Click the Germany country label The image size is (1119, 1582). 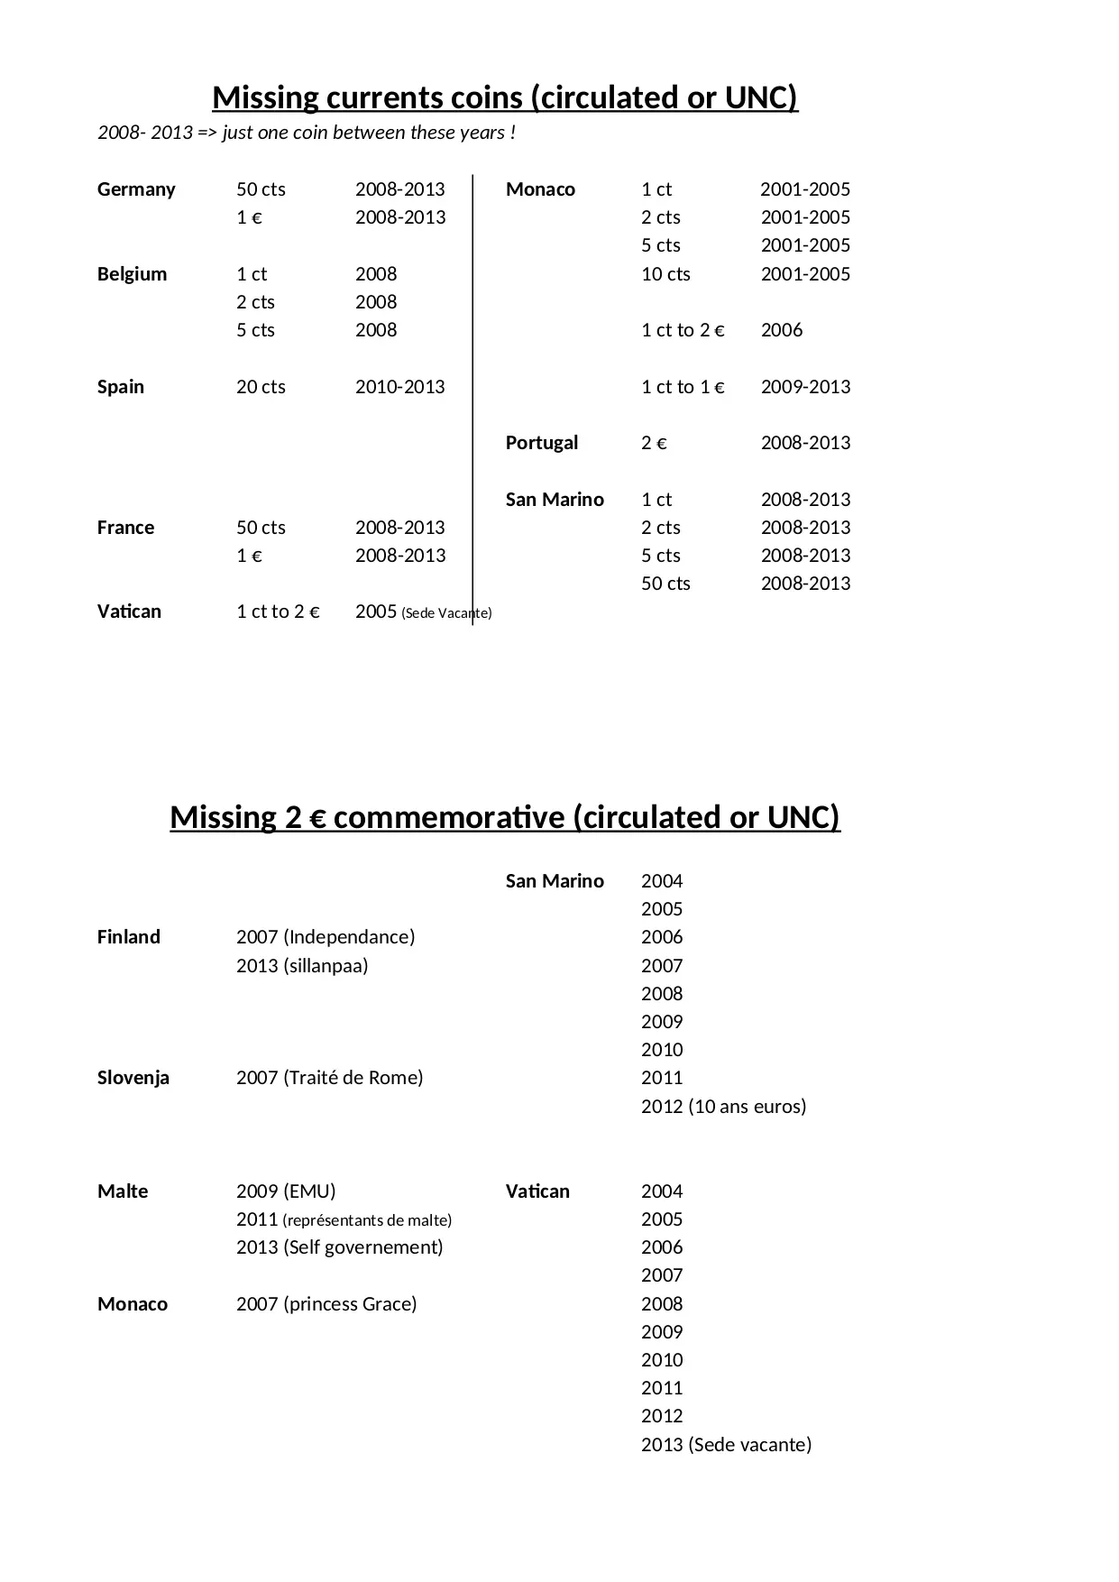(x=136, y=189)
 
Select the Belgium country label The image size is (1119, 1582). (x=132, y=274)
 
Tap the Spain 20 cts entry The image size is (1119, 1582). (x=261, y=387)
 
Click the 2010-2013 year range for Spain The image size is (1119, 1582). (x=399, y=387)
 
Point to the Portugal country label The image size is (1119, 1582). (x=541, y=443)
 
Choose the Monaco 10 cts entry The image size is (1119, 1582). (x=665, y=274)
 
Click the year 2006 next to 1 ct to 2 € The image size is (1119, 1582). (x=781, y=330)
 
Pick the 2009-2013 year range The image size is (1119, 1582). (x=805, y=387)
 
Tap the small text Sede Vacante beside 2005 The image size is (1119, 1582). (x=447, y=613)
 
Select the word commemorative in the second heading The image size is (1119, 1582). (x=449, y=817)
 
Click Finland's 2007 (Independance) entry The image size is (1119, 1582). (x=326, y=937)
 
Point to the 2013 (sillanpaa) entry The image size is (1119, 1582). (x=302, y=966)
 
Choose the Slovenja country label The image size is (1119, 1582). (x=133, y=1078)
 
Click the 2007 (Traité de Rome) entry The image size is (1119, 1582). (x=329, y=1078)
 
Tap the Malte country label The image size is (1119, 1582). (x=123, y=1191)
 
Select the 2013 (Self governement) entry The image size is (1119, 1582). (x=339, y=1247)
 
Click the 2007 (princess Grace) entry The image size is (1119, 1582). (x=326, y=1304)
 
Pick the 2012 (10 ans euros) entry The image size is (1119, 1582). (x=723, y=1107)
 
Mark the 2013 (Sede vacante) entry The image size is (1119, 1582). (x=726, y=1445)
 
